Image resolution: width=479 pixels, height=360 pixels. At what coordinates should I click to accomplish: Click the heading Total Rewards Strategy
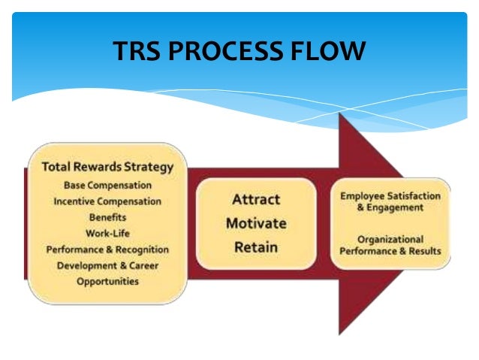click(x=107, y=167)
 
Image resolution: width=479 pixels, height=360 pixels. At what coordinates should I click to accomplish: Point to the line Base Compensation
click(x=107, y=186)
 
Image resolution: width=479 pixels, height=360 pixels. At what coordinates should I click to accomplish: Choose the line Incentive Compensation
click(x=107, y=201)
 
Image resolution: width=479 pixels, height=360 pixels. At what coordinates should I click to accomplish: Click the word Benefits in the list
click(x=107, y=217)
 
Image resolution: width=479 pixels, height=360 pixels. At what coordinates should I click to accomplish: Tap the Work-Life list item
click(x=107, y=233)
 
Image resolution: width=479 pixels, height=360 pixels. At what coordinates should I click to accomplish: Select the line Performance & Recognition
click(x=107, y=250)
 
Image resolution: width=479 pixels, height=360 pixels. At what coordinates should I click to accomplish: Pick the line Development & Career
click(x=107, y=265)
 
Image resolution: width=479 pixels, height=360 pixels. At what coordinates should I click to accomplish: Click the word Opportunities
click(x=107, y=281)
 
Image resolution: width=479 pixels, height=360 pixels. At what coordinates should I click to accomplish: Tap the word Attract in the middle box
click(x=255, y=200)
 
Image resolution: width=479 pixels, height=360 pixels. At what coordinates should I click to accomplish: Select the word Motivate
click(x=255, y=223)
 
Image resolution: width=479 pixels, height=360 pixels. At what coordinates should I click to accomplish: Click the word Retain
click(x=255, y=247)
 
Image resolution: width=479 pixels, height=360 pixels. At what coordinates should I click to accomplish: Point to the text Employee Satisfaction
click(x=390, y=195)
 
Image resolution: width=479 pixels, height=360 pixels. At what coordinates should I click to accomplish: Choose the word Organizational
click(x=390, y=239)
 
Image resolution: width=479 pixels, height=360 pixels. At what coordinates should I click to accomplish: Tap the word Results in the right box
click(x=424, y=250)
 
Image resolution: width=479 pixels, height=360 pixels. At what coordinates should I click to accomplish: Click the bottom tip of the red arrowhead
click(x=340, y=334)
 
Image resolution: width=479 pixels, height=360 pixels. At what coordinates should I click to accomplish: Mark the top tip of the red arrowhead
click(x=340, y=113)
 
